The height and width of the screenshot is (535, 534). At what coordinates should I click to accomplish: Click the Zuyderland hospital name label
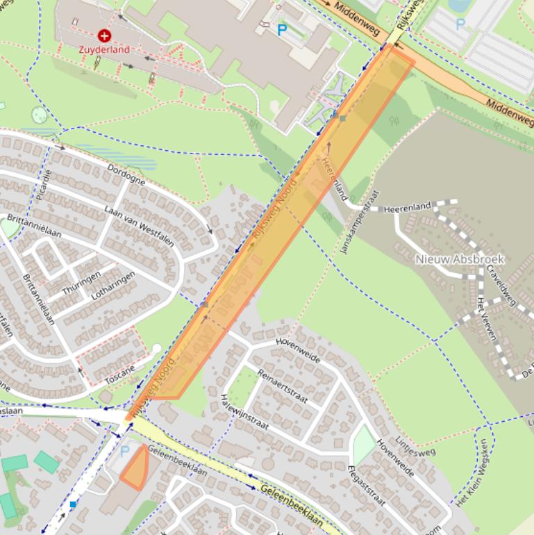point(105,50)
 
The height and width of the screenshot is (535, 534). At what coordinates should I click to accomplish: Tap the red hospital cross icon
point(104,35)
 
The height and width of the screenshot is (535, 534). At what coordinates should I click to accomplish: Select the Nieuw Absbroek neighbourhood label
point(459,259)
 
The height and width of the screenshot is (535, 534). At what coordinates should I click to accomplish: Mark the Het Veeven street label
point(487,318)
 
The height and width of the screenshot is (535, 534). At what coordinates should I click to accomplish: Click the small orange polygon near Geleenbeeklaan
point(136,470)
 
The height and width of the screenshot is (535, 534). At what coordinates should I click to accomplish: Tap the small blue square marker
point(73,504)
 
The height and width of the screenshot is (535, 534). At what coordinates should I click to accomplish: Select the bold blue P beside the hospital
point(282,30)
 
